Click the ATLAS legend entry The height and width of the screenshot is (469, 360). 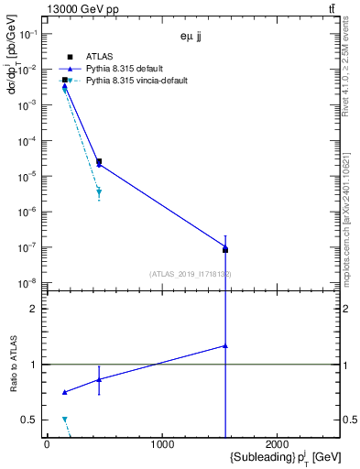[100, 57]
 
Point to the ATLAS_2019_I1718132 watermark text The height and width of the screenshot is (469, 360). [191, 274]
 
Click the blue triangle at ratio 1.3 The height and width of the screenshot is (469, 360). [225, 346]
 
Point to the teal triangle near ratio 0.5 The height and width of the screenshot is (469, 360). [65, 419]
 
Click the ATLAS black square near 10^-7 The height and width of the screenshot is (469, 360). [225, 249]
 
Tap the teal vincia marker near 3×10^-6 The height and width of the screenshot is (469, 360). [99, 191]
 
